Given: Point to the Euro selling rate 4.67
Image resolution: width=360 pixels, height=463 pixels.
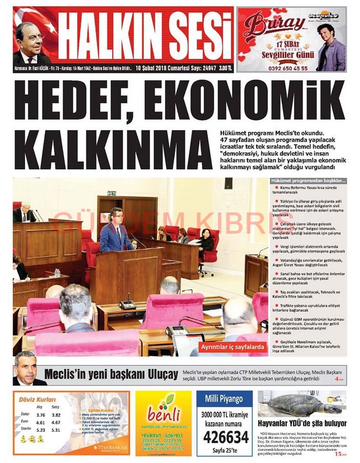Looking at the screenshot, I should tap(56, 422).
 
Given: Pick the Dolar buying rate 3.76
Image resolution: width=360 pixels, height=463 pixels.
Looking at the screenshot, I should tap(40, 415).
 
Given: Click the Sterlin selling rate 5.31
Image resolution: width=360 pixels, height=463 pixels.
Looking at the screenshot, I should tap(56, 430).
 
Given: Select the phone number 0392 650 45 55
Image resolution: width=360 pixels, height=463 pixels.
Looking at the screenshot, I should tap(282, 68).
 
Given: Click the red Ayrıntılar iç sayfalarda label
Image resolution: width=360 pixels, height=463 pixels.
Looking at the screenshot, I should tap(232, 347).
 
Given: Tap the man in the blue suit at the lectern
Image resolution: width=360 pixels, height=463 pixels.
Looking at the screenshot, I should tap(116, 234).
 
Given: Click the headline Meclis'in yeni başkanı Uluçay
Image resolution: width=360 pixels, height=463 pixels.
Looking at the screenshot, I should tap(111, 375).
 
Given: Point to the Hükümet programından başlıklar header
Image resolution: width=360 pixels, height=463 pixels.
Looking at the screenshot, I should tap(308, 181).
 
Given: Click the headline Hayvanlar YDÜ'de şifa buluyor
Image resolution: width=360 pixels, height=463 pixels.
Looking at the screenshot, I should tap(302, 423).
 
